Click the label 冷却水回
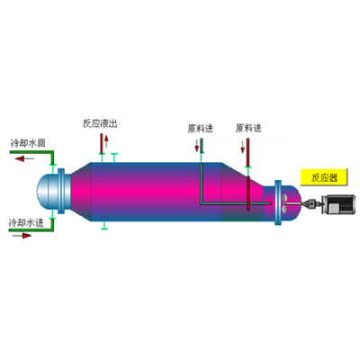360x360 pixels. (x=28, y=143)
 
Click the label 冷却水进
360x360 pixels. (x=27, y=223)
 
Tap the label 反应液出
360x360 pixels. (x=100, y=123)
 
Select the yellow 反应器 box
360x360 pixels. (x=324, y=177)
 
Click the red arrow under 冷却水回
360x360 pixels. (x=24, y=158)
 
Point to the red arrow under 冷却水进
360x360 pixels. (x=22, y=236)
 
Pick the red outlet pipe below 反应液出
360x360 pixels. (x=102, y=143)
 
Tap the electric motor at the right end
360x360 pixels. (x=338, y=204)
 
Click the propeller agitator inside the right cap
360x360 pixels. (x=284, y=203)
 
